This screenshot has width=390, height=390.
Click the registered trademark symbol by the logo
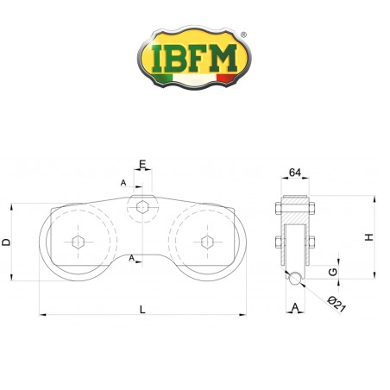click(x=243, y=35)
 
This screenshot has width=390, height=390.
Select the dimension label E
click(x=143, y=162)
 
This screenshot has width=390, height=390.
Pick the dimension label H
click(x=368, y=237)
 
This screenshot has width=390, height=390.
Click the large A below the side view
click(x=295, y=307)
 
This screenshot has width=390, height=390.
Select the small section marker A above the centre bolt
click(x=123, y=183)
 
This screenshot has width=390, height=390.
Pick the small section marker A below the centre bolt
click(x=131, y=258)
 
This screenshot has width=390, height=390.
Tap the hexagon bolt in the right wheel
click(x=205, y=241)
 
